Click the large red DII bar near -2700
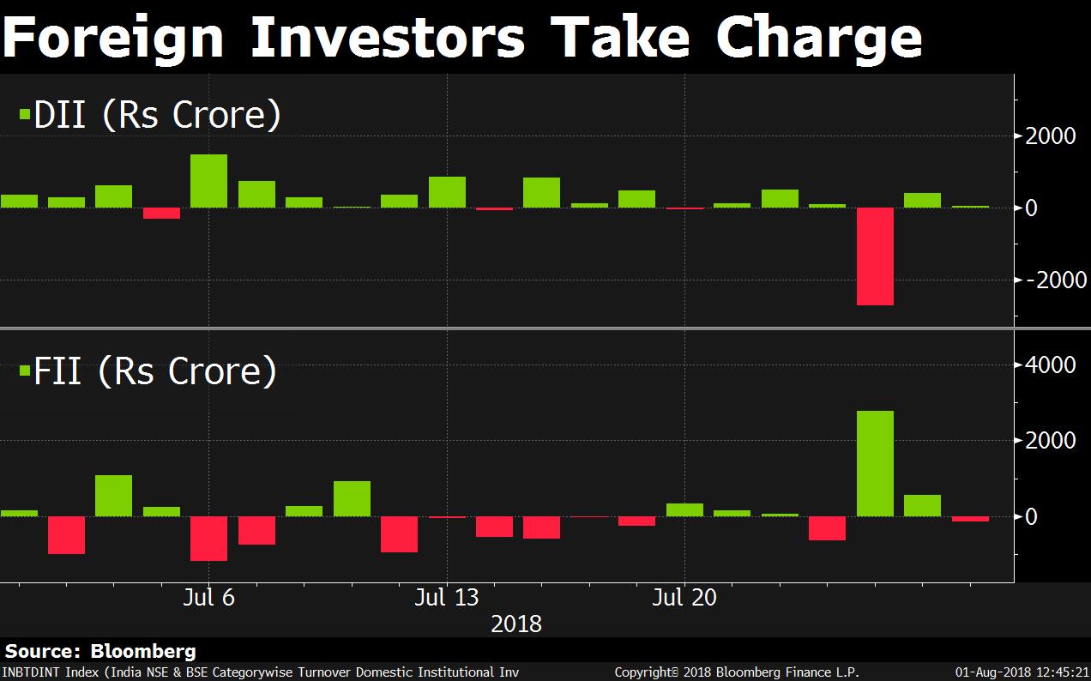tap(875, 256)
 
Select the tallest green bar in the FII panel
tap(875, 463)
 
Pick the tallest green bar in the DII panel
tap(208, 181)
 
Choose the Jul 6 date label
tap(208, 597)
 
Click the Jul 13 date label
tap(446, 597)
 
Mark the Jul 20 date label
tap(684, 597)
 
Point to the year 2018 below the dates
tap(516, 624)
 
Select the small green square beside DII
tap(25, 112)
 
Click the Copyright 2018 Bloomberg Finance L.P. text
tap(737, 672)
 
